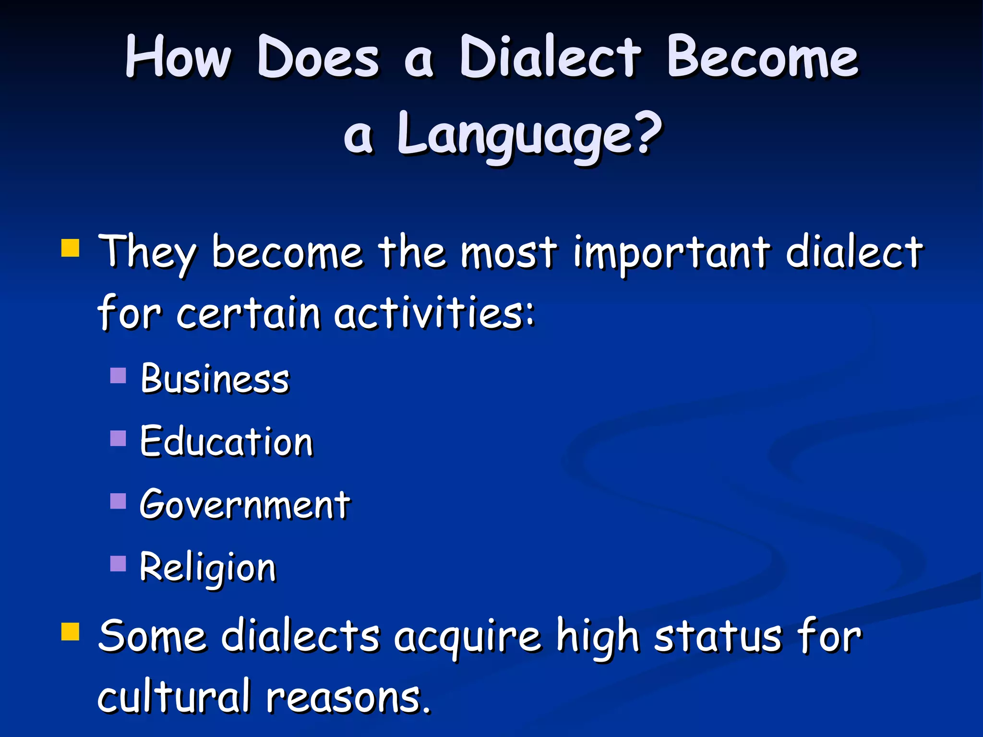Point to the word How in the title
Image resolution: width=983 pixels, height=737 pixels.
tap(178, 58)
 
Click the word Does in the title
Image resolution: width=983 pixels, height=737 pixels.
tap(318, 58)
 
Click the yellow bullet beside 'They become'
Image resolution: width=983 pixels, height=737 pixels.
tap(70, 249)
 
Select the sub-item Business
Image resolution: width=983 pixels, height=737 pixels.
tap(215, 379)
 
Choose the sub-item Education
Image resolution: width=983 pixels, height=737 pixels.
tap(227, 441)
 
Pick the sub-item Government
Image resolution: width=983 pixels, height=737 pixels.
tap(245, 505)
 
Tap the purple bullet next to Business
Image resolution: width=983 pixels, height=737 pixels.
tap(118, 375)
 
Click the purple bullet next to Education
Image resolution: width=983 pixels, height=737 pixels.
tap(118, 438)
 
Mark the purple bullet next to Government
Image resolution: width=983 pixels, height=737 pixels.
tap(118, 501)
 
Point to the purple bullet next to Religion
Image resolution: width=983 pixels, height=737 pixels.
tap(118, 564)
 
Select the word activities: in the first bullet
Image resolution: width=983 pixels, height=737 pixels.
tap(434, 314)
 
